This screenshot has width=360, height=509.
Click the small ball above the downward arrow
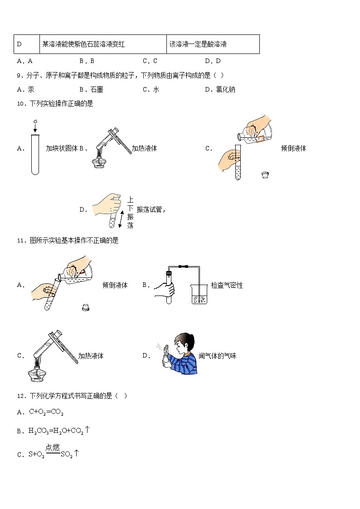35,121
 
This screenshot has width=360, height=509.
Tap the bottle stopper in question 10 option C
265,175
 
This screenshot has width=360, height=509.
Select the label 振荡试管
149,209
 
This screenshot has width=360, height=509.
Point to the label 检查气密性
227,285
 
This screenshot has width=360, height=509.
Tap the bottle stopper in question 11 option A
85,308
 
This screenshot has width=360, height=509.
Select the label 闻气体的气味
217,356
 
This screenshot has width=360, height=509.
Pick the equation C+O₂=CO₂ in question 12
46,412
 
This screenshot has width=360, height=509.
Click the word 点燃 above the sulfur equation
53,447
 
